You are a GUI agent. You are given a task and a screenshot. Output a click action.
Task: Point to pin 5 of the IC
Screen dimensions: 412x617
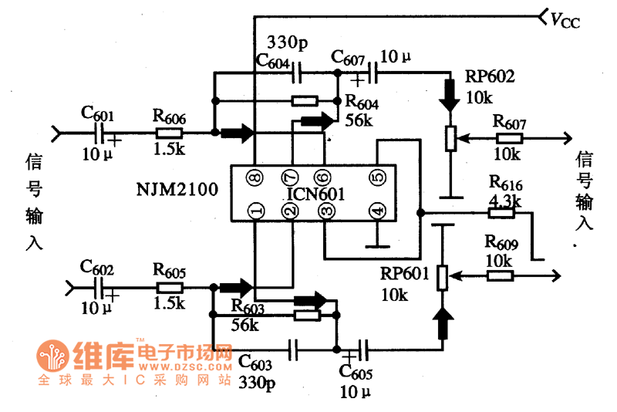[376, 177]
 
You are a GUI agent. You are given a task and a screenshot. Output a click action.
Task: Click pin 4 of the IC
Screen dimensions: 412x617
[376, 210]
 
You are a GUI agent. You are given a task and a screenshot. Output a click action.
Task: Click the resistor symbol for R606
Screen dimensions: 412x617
[169, 133]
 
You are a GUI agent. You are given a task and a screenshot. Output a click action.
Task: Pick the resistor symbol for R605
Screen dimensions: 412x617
[169, 287]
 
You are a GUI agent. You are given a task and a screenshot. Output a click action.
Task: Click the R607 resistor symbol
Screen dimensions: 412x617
[509, 139]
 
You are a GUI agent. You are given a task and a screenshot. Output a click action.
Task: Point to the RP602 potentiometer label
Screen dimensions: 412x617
[489, 77]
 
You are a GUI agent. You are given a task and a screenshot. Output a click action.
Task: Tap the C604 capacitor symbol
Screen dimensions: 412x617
[296, 73]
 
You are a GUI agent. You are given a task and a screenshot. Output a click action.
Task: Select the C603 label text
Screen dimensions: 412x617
[255, 361]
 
